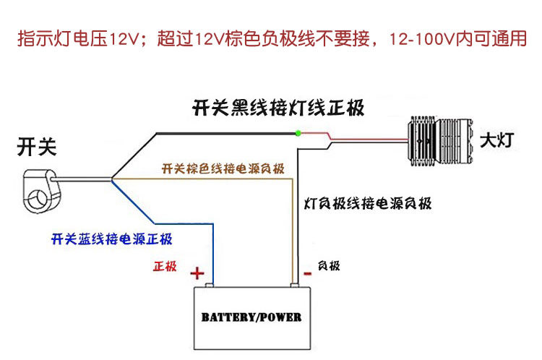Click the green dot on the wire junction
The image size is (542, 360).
[298, 132]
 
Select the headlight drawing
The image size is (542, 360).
[438, 138]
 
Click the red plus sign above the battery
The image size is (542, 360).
[197, 273]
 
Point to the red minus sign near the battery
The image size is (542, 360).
[307, 273]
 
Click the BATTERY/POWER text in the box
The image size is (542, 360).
[251, 317]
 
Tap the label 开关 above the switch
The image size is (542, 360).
[35, 148]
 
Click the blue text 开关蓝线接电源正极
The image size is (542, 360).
[111, 239]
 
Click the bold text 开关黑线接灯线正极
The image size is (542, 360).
[278, 109]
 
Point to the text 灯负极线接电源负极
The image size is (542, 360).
[368, 203]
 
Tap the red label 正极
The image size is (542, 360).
[165, 266]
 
